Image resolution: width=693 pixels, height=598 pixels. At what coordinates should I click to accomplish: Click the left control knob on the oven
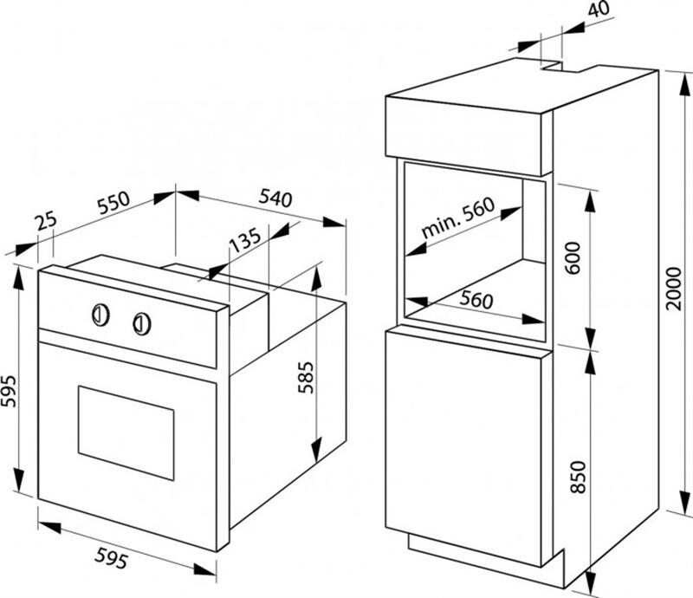click(100, 315)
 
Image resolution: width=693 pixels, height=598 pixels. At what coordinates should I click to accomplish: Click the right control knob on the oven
click(142, 324)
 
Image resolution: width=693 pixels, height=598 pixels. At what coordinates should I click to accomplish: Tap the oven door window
click(126, 432)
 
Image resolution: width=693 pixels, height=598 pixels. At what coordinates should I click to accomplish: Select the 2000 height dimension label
click(674, 289)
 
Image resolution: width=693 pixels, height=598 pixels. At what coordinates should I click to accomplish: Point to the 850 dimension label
click(578, 477)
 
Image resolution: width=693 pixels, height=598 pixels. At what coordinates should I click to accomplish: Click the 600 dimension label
click(573, 258)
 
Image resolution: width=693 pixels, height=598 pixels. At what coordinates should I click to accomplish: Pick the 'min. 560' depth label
click(457, 218)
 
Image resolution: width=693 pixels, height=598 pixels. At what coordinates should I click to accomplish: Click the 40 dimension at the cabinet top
click(599, 9)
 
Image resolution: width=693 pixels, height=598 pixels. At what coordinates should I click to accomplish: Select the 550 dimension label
click(113, 202)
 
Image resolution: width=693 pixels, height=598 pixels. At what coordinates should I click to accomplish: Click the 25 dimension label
click(47, 221)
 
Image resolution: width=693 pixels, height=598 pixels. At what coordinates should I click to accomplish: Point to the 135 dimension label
click(245, 240)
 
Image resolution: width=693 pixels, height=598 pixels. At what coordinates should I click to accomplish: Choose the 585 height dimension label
click(306, 377)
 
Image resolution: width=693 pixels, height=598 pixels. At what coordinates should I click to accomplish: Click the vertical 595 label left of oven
click(9, 391)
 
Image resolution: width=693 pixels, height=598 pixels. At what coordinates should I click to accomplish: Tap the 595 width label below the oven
click(112, 557)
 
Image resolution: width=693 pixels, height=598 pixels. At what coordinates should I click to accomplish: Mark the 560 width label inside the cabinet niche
click(476, 300)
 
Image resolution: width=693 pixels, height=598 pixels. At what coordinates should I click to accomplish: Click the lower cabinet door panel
click(463, 447)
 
